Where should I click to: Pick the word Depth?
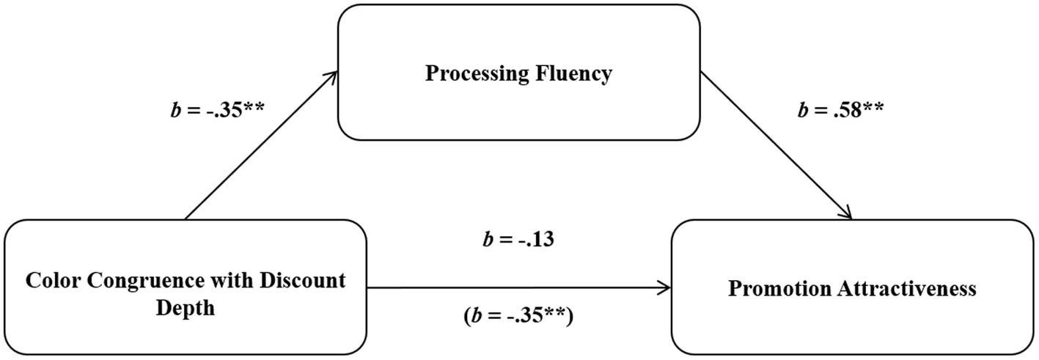186,308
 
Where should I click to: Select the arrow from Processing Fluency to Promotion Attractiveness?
776,144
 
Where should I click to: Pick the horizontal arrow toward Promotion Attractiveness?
518,287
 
